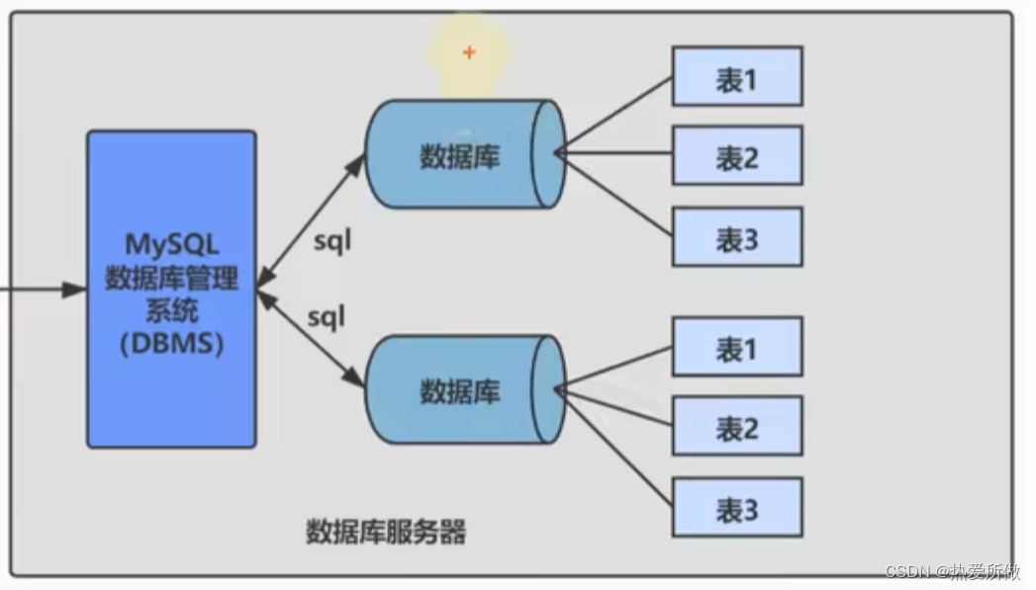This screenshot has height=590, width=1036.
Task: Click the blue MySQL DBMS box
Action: (171, 289)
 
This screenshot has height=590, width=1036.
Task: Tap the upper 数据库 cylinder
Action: (460, 154)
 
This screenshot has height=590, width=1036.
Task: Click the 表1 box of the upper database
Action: (736, 76)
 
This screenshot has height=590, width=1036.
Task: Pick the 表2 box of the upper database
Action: (736, 155)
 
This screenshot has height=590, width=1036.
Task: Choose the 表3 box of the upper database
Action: (736, 236)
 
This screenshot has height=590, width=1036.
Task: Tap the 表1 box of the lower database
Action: (736, 347)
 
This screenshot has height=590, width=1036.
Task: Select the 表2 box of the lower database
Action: (736, 427)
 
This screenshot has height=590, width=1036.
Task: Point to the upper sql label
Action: (332, 240)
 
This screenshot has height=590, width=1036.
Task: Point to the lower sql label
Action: (326, 316)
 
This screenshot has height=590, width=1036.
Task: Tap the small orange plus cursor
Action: (469, 52)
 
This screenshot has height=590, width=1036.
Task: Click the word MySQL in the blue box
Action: (171, 243)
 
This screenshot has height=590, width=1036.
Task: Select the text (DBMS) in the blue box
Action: (171, 344)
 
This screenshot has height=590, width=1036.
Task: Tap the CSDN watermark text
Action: (953, 572)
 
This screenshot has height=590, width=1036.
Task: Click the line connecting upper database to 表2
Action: (613, 154)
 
